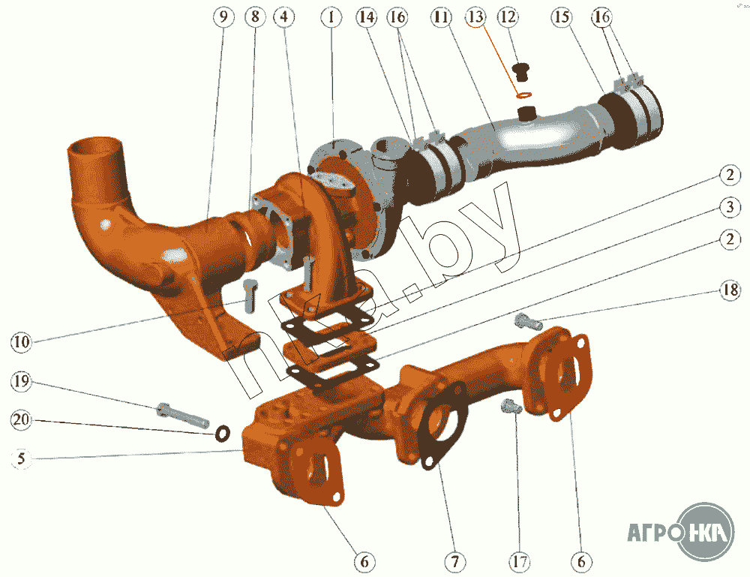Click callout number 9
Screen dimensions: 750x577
[x=223, y=17]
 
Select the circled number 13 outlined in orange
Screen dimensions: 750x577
[x=475, y=17]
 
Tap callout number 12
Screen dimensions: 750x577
[x=508, y=17]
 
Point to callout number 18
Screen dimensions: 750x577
[x=730, y=290]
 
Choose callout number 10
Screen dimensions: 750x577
[x=21, y=341]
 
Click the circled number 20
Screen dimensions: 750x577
[x=21, y=420]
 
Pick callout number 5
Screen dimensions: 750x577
[x=21, y=459]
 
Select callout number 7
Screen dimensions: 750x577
[x=454, y=561]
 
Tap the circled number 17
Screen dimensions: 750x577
[x=520, y=561]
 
